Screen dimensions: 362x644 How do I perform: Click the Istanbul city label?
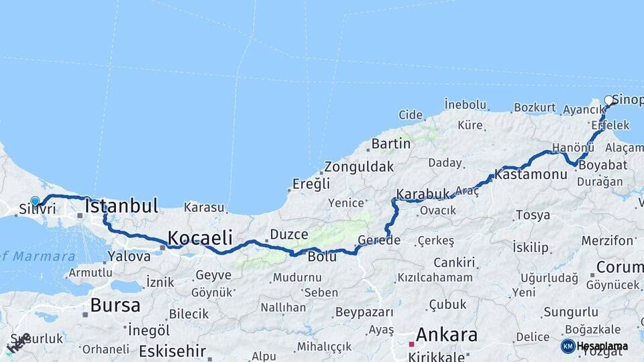121,206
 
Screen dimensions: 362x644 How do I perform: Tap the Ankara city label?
447,335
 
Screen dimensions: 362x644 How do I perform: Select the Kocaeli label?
200,237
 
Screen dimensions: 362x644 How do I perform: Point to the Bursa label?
115,306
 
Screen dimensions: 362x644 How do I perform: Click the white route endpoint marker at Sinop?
609,101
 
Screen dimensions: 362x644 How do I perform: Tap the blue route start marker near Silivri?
35,200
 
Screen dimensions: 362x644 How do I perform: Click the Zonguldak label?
359,167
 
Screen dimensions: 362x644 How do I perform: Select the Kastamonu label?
531,174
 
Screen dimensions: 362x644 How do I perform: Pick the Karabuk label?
423,194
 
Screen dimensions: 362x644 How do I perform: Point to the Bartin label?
390,143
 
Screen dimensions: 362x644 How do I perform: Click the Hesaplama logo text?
602,346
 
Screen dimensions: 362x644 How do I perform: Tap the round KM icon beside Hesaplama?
568,346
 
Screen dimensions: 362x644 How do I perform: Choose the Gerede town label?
379,240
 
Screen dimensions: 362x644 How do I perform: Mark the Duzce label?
289,235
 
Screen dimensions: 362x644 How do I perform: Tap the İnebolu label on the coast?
465,105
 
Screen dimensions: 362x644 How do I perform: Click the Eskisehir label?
172,351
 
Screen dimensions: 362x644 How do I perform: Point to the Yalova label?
129,256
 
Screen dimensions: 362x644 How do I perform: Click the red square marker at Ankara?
411,344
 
